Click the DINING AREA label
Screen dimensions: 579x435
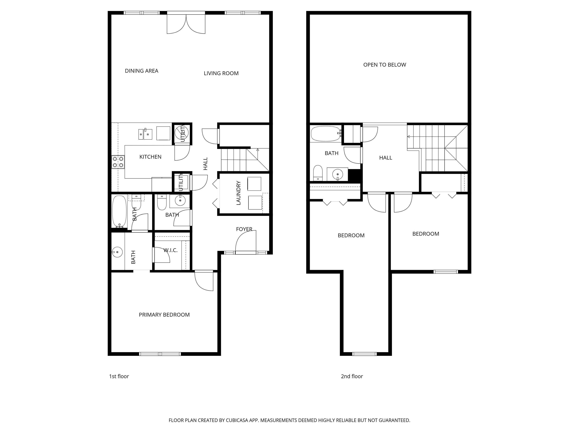(x=141, y=71)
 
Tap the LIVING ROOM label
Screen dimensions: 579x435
(x=221, y=73)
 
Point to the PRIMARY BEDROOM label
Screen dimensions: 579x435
(x=164, y=315)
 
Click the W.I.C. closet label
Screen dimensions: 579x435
(x=171, y=250)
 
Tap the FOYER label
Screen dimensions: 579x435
(x=244, y=229)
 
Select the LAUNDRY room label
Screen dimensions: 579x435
(x=238, y=193)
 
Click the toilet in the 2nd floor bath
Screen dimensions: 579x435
(x=318, y=173)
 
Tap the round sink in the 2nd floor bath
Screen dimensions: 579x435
(x=338, y=174)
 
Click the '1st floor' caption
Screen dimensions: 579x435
(x=119, y=376)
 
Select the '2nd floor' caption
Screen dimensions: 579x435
(x=352, y=376)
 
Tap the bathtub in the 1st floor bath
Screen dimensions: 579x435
(x=119, y=212)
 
